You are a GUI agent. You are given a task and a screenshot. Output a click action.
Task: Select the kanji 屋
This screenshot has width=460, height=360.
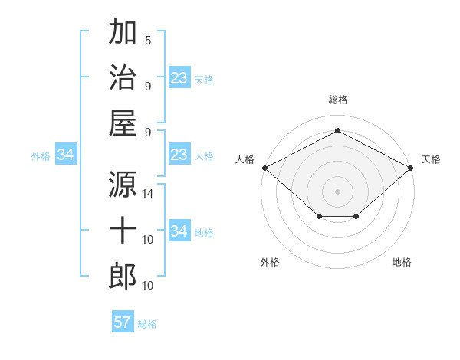coord(123,123)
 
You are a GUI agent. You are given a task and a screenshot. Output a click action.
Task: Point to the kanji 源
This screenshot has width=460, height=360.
coord(123,183)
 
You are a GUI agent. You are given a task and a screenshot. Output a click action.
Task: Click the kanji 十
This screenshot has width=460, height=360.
coord(123,230)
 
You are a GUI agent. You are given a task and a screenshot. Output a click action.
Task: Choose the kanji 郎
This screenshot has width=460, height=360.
coord(123,276)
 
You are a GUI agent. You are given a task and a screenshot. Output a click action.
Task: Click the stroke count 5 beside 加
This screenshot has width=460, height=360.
coord(148,40)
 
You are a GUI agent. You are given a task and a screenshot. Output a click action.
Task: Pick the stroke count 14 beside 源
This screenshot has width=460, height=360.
coord(148,194)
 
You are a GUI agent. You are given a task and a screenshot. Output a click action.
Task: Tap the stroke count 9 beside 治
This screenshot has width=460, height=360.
coord(148,86)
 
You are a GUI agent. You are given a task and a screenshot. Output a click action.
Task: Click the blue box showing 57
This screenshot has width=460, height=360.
coord(123,322)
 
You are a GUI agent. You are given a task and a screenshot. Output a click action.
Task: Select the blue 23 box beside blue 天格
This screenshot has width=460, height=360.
coord(179,78)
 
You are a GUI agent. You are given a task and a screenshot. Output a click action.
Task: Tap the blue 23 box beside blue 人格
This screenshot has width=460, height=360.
coord(179,155)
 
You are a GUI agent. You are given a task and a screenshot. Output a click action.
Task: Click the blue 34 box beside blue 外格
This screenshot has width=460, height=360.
coord(65,155)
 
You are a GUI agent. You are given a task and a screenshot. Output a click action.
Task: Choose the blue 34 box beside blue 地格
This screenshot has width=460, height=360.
coord(179,231)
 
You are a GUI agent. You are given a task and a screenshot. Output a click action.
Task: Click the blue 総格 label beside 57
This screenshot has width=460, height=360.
coord(147,323)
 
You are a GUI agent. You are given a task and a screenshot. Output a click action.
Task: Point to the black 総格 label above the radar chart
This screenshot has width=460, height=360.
coord(337,100)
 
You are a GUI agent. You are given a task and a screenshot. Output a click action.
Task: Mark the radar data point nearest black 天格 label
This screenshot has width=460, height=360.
coord(411,168)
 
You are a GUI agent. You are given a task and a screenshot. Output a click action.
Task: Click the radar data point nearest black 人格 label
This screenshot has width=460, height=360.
coord(264,168)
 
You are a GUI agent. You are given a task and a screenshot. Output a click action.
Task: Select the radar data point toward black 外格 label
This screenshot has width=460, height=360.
coord(318,218)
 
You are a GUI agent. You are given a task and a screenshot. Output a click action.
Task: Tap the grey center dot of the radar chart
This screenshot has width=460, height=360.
coord(337,191)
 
